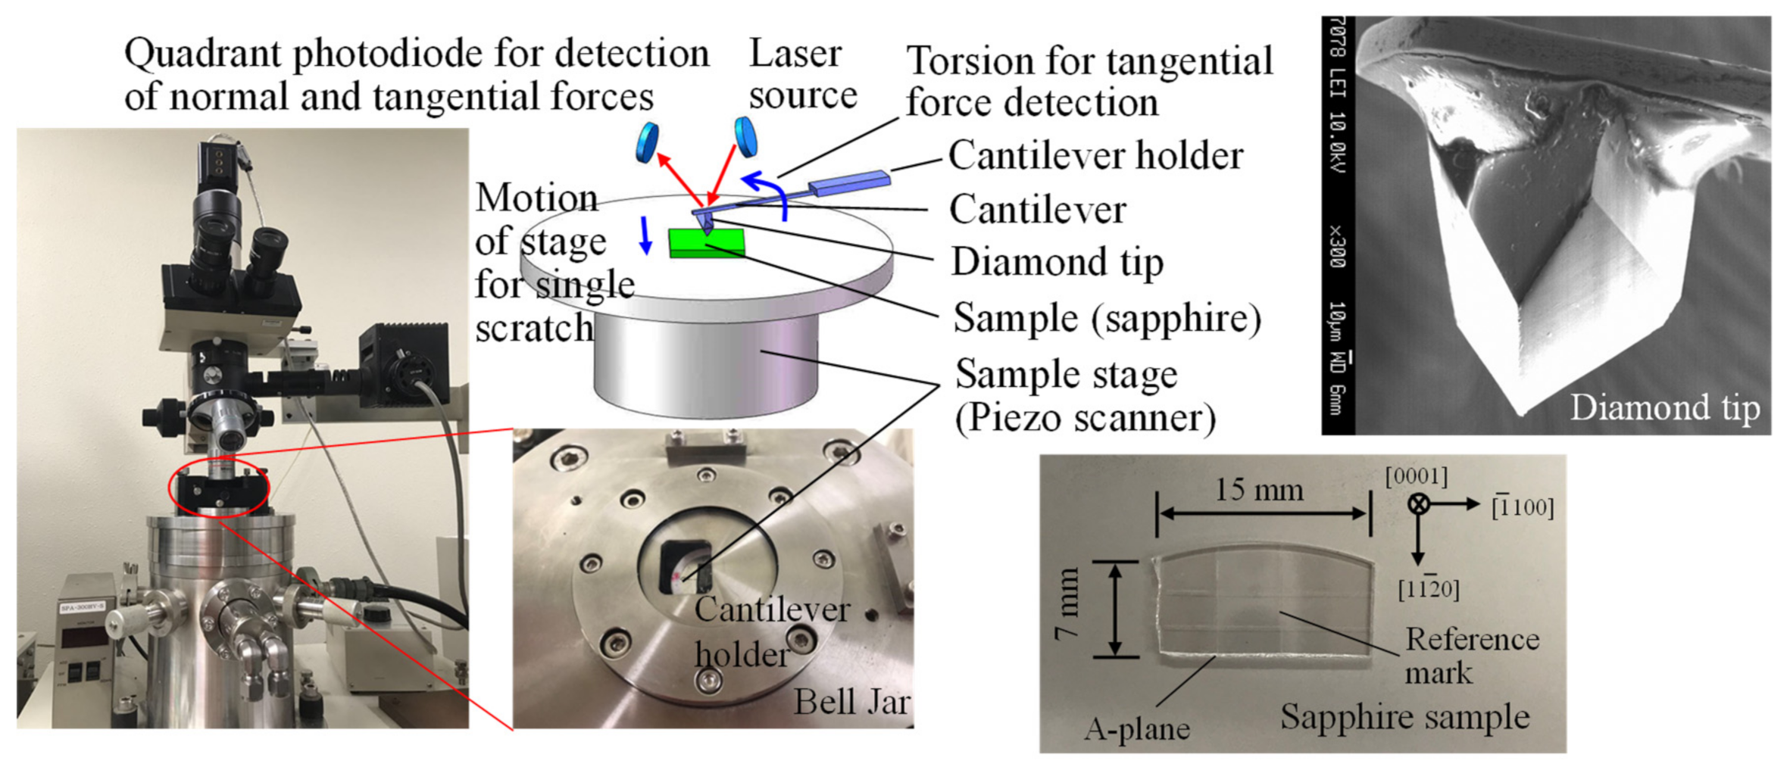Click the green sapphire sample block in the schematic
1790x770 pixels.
[707, 243]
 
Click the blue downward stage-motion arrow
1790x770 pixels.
[645, 235]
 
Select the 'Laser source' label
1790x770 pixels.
[802, 74]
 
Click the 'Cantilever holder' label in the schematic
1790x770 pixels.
[1095, 156]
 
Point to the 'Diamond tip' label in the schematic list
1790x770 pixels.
[1057, 262]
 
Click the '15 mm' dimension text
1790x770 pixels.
[1259, 490]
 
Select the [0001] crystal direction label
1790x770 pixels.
[1416, 477]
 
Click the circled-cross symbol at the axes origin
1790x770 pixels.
[1418, 504]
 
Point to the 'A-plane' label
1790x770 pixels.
[1137, 729]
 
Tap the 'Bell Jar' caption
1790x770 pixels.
[851, 702]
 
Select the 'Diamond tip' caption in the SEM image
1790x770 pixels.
[1664, 407]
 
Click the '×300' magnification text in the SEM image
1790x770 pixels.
[1338, 246]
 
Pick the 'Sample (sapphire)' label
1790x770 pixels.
[1107, 317]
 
